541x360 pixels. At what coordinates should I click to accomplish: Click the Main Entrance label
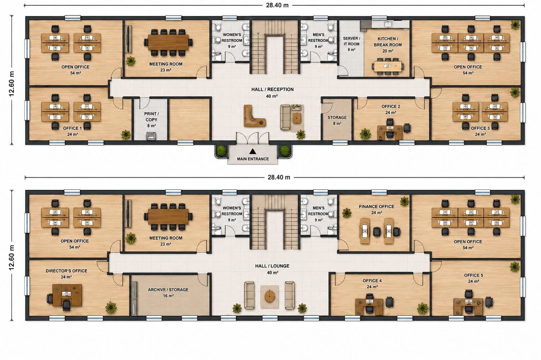(253, 159)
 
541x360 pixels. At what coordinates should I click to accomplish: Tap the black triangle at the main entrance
(253, 151)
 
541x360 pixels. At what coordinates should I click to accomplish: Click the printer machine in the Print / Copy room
(151, 136)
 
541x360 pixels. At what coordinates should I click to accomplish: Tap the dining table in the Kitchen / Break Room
(388, 66)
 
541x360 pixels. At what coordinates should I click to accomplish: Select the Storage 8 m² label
(337, 120)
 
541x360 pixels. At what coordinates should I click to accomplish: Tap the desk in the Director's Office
(67, 295)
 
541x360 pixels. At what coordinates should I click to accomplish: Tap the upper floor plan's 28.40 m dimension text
(277, 5)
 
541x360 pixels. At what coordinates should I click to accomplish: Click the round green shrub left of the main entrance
(221, 151)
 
